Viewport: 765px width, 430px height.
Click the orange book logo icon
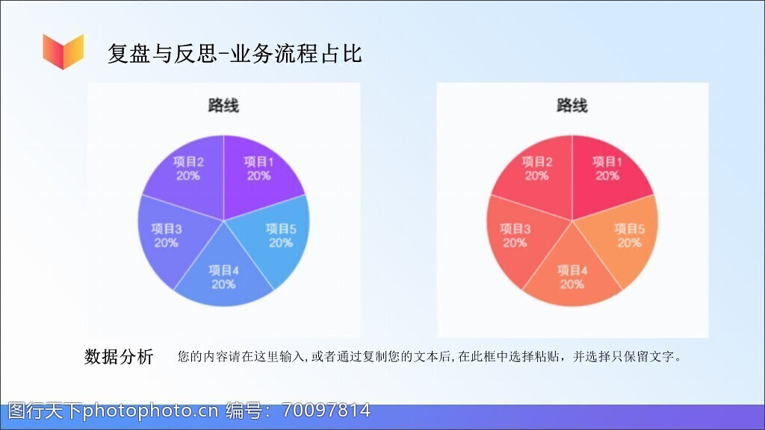point(63,52)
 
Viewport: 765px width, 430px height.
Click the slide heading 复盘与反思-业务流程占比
point(235,54)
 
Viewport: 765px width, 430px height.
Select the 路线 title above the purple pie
point(223,105)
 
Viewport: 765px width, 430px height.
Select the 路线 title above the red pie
point(572,105)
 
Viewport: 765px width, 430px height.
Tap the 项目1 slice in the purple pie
point(258,173)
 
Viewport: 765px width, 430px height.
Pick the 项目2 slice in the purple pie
point(188,173)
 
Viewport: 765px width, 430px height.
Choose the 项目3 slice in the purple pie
point(168,237)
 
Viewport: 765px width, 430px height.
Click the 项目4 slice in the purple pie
point(224,273)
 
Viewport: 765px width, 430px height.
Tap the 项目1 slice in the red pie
point(607,173)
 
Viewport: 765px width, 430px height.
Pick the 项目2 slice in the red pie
point(536,173)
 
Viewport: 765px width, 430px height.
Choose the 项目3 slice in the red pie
point(517,237)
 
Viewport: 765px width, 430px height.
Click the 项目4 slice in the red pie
point(573,273)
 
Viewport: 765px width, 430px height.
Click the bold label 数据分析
point(119,356)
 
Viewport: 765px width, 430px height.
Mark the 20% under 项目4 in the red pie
point(572,284)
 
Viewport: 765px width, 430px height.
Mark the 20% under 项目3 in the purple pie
point(167,243)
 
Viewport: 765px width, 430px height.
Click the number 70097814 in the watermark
point(326,411)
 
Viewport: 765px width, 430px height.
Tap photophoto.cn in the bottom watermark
point(150,411)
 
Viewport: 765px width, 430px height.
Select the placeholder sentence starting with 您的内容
point(430,356)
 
